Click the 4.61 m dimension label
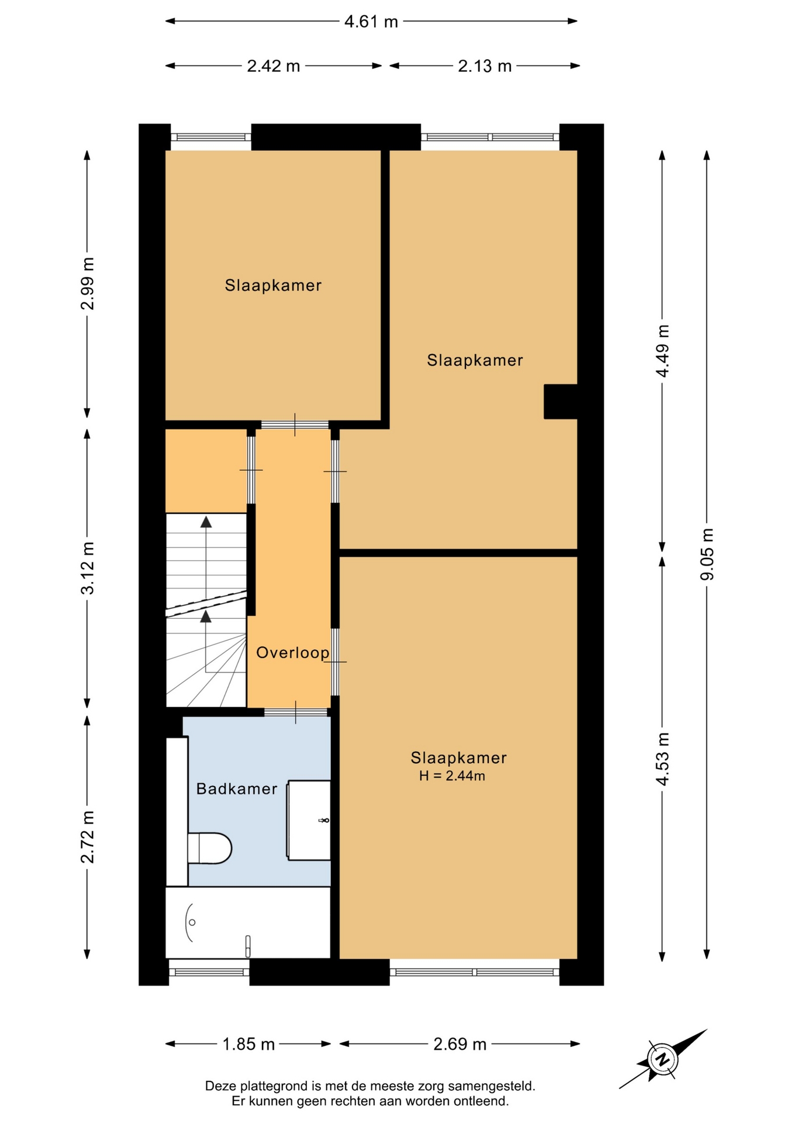click(371, 22)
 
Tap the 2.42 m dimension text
click(273, 66)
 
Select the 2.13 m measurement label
click(484, 66)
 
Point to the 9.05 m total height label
click(707, 554)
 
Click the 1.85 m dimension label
click(248, 1044)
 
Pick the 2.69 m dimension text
click(460, 1044)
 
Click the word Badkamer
click(237, 789)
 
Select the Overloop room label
click(292, 652)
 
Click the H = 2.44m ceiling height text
click(452, 776)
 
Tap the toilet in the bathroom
click(209, 848)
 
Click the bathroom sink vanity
click(309, 820)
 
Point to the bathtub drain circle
click(192, 922)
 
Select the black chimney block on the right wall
click(561, 401)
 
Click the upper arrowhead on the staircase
click(206, 522)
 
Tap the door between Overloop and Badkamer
click(296, 712)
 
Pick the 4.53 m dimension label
click(662, 759)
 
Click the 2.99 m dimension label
click(88, 283)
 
